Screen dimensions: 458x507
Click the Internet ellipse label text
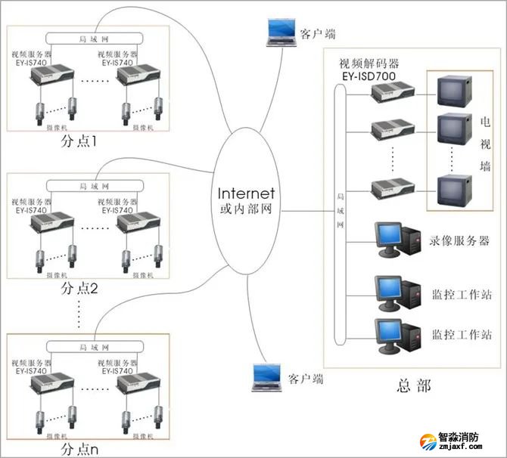[x=246, y=194]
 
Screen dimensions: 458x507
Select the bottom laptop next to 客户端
[x=265, y=376]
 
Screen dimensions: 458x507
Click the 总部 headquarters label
[x=413, y=385]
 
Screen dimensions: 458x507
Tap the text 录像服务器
[x=460, y=240]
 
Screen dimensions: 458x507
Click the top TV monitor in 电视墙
[x=453, y=92]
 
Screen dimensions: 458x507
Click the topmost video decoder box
[x=392, y=91]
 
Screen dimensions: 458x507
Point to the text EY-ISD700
[x=369, y=76]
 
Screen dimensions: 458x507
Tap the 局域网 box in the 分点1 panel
[x=86, y=38]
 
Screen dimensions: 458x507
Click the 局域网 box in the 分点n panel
[x=86, y=345]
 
